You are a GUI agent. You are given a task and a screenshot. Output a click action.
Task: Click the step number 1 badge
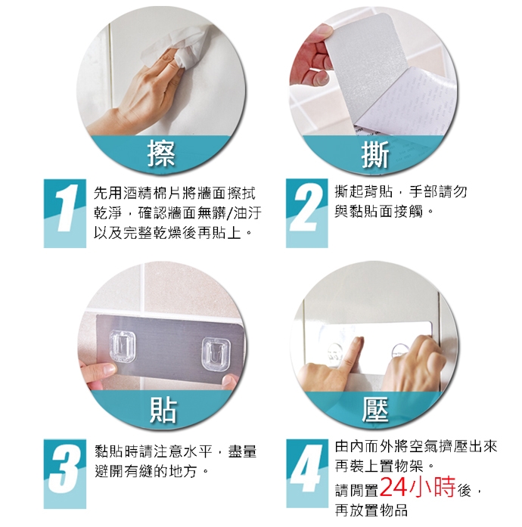tap(65, 213)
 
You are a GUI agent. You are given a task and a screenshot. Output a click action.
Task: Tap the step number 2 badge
tap(306, 213)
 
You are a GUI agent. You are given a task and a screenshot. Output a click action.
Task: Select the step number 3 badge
tap(65, 473)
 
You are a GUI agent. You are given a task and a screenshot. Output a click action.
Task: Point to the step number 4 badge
tap(307, 473)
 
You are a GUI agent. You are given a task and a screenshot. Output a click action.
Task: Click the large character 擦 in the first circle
tap(161, 153)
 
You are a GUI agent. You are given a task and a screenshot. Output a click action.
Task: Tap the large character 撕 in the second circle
tap(375, 154)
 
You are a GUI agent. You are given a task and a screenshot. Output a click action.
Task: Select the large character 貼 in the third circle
tap(163, 409)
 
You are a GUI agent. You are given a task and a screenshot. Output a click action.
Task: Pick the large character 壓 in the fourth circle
tap(375, 409)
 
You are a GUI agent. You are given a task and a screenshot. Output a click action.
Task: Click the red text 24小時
tap(417, 486)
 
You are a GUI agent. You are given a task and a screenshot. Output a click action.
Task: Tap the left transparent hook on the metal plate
tap(123, 347)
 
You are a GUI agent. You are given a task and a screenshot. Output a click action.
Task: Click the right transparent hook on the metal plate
tap(216, 353)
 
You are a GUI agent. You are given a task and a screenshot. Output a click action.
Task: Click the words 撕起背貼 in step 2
tap(364, 191)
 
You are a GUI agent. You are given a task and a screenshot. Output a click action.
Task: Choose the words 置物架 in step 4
tap(401, 467)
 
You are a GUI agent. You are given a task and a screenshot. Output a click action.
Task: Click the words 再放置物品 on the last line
tap(371, 510)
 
